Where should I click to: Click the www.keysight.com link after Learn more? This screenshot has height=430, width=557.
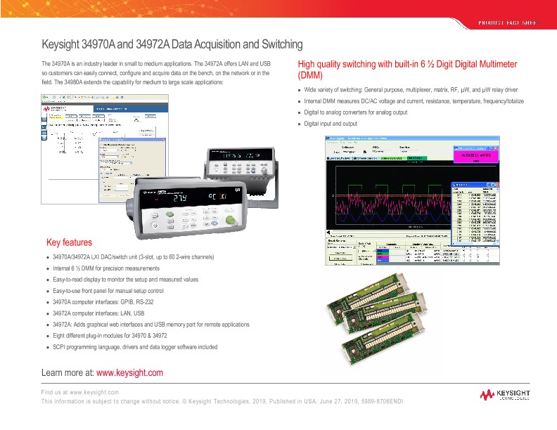click(129, 372)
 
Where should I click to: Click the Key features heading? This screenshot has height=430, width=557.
click(69, 242)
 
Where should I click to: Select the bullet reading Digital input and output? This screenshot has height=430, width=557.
click(331, 124)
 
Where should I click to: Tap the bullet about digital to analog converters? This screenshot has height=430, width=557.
click(356, 112)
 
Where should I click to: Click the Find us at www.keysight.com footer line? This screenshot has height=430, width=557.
click(79, 391)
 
